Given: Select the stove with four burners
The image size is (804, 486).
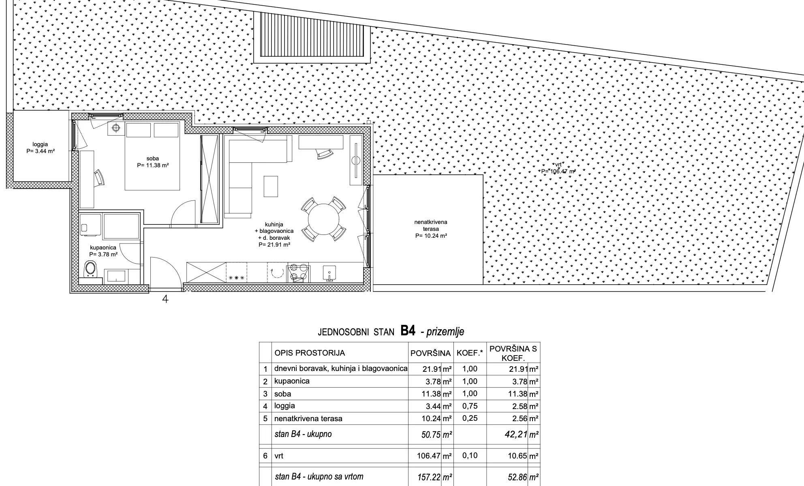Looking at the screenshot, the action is (298, 273).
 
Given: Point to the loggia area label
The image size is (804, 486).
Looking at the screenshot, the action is (40, 148).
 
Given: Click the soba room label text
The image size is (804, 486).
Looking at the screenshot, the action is (153, 162).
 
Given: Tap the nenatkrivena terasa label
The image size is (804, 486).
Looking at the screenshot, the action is (431, 229).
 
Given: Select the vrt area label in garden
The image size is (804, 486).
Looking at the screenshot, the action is (558, 179).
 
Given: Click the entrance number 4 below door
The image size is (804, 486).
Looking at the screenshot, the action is (165, 299).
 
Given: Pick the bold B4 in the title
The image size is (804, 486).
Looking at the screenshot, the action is (408, 331).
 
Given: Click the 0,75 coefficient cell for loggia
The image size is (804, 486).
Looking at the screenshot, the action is (470, 406).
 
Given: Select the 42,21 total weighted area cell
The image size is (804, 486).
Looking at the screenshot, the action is (516, 435).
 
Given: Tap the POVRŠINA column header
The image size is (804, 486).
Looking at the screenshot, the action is (430, 353).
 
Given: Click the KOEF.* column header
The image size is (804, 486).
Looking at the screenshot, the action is (470, 353).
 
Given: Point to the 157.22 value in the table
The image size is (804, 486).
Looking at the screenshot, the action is (429, 477).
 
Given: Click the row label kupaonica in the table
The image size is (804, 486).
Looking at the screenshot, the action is (292, 381).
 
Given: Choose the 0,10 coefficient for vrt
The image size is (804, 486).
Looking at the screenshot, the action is (470, 455).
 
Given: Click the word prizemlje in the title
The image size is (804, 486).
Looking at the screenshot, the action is (445, 332).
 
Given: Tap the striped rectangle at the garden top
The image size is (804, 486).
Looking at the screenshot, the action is (312, 37).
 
